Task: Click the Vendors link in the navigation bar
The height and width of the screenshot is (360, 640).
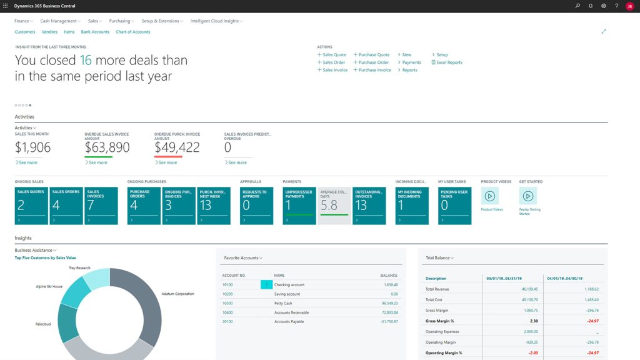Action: coord(49,32)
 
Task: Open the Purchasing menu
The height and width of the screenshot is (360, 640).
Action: coord(121,21)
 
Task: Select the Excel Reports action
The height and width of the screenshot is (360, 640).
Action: coord(447,62)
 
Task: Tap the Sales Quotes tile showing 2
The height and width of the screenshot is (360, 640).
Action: coord(31,206)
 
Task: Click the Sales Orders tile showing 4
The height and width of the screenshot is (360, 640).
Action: coord(66,206)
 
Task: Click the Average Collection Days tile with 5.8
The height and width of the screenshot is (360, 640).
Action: coord(334,206)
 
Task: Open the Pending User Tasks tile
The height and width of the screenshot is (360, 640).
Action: coord(454,206)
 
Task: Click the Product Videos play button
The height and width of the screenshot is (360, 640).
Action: coord(490,196)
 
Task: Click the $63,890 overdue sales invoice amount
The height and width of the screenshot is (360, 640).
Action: coord(107,147)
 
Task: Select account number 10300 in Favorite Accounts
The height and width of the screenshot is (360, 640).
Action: coord(227,303)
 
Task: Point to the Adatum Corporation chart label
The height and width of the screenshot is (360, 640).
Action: coord(177,294)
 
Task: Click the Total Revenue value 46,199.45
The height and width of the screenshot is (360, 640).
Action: coord(526,289)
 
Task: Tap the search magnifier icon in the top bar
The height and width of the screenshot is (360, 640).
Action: coord(577,6)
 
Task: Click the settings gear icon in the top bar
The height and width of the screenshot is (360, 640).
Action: coord(604,6)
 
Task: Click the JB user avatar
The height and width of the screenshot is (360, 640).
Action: coord(629,6)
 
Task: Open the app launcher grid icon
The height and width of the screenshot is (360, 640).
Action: coord(6,6)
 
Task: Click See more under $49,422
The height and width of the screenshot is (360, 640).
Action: coord(166,162)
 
